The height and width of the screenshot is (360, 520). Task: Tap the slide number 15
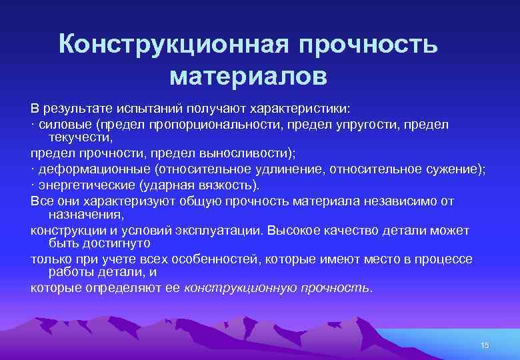[485, 344]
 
